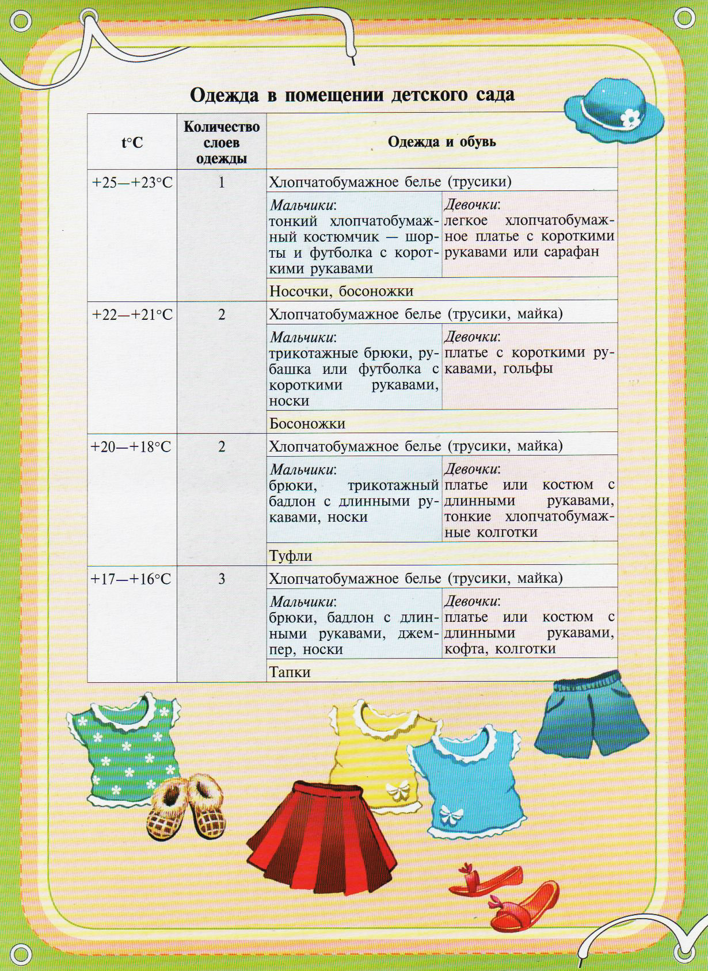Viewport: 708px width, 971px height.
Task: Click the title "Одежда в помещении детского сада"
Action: click(352, 94)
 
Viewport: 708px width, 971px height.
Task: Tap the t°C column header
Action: click(132, 142)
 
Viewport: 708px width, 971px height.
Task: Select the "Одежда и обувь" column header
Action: click(441, 142)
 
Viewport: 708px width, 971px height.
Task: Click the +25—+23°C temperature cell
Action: click(132, 182)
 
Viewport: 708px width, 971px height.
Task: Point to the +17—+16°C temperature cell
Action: click(131, 579)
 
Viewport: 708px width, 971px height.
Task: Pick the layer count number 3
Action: click(222, 579)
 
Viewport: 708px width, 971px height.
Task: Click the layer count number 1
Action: click(222, 182)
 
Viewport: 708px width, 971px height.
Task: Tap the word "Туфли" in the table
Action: click(291, 556)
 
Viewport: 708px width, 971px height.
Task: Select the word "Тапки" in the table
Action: click(290, 672)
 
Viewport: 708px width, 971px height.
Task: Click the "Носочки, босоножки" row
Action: click(341, 291)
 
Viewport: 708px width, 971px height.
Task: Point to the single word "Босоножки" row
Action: click(307, 424)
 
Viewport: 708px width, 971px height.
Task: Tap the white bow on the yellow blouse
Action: click(397, 791)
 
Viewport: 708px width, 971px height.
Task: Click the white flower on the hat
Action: click(631, 118)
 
